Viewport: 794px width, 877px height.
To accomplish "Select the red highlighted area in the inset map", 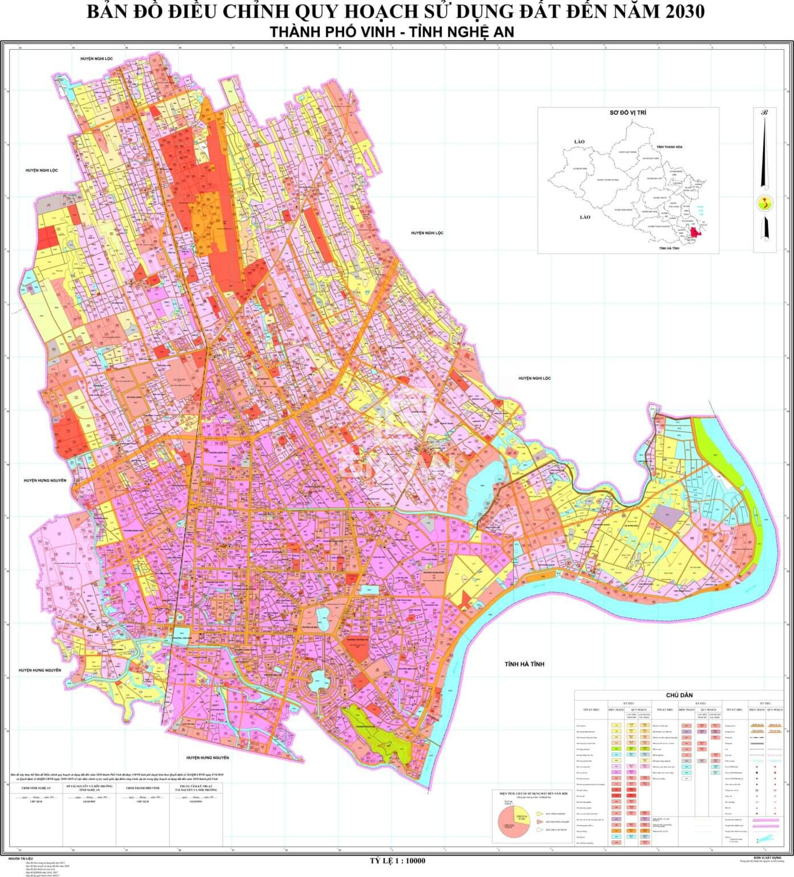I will (x=695, y=232).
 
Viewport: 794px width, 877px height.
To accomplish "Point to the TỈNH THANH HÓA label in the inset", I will (x=673, y=147).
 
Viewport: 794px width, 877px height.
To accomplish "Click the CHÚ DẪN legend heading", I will (x=679, y=695).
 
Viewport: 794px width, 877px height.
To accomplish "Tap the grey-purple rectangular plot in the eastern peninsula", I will (x=666, y=513).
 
